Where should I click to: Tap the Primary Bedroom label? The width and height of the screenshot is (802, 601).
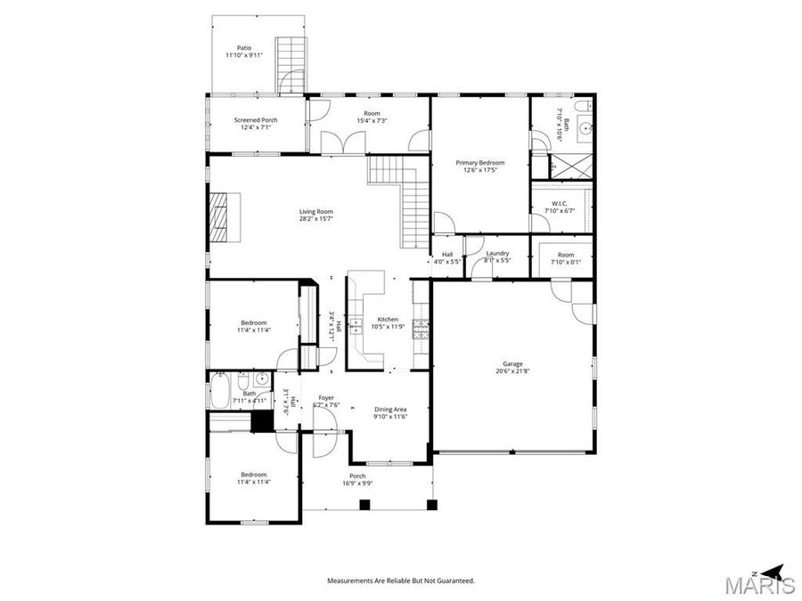480,166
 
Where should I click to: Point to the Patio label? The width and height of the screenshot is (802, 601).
243,52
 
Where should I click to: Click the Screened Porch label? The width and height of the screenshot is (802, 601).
256,123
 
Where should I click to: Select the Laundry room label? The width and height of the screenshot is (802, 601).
497,256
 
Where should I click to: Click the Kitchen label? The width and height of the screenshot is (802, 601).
388,322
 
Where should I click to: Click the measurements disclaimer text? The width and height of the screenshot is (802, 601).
400,581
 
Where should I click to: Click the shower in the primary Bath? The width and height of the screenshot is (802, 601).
565,166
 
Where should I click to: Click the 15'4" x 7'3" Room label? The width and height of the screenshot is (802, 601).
372,117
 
